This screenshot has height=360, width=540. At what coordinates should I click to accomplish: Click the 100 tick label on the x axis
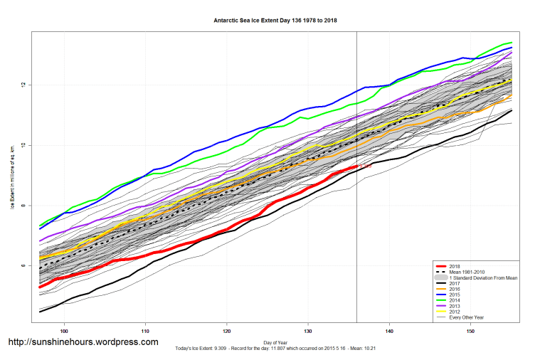coord(65,331)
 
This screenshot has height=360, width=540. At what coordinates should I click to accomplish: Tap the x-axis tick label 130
coord(308,331)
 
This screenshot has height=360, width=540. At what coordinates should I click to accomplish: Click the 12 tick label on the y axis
coord(23,85)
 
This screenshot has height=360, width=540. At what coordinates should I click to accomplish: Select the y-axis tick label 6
coord(23,266)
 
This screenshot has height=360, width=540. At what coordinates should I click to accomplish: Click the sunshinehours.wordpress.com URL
coord(83,342)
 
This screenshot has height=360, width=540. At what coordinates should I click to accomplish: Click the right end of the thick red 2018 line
coord(356,166)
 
